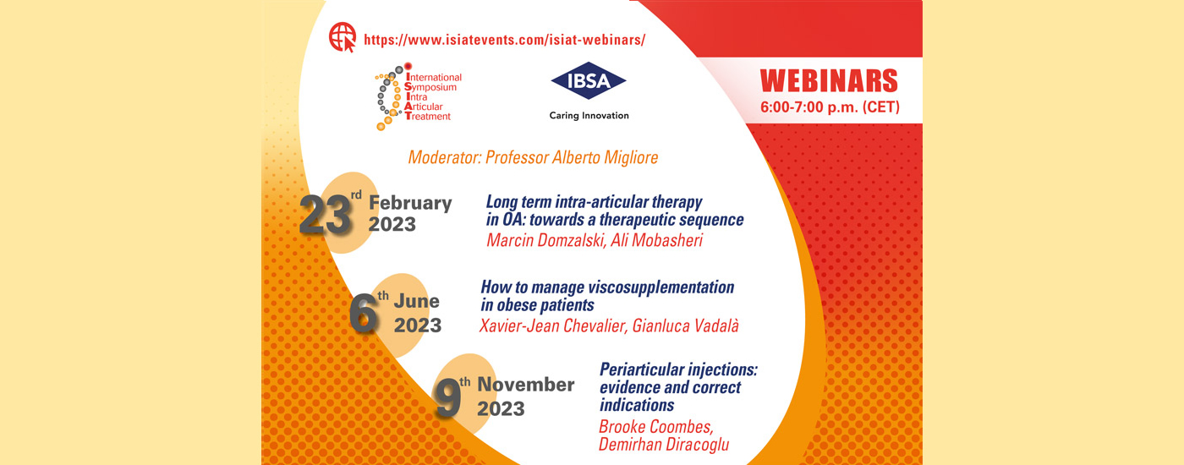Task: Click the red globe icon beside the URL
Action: pos(343,37)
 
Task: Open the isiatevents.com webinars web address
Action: pos(504,40)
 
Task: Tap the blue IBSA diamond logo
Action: pos(589,81)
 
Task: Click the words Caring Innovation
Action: pos(589,115)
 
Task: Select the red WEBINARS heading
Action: pos(829,81)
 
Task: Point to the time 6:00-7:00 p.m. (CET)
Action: pos(830,107)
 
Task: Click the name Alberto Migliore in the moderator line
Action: pos(605,157)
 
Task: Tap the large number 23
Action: pos(325,215)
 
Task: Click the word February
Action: pos(410,203)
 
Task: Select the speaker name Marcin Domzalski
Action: pos(546,240)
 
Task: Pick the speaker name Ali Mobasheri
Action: pos(657,240)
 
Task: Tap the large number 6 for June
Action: pos(363,314)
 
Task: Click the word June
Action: pos(416,301)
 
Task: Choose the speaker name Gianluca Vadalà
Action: pos(686,325)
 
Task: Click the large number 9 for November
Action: pos(447,398)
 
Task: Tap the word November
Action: pos(526,385)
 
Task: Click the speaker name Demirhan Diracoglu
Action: pos(664,445)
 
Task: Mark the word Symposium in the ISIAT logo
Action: pos(430,87)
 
